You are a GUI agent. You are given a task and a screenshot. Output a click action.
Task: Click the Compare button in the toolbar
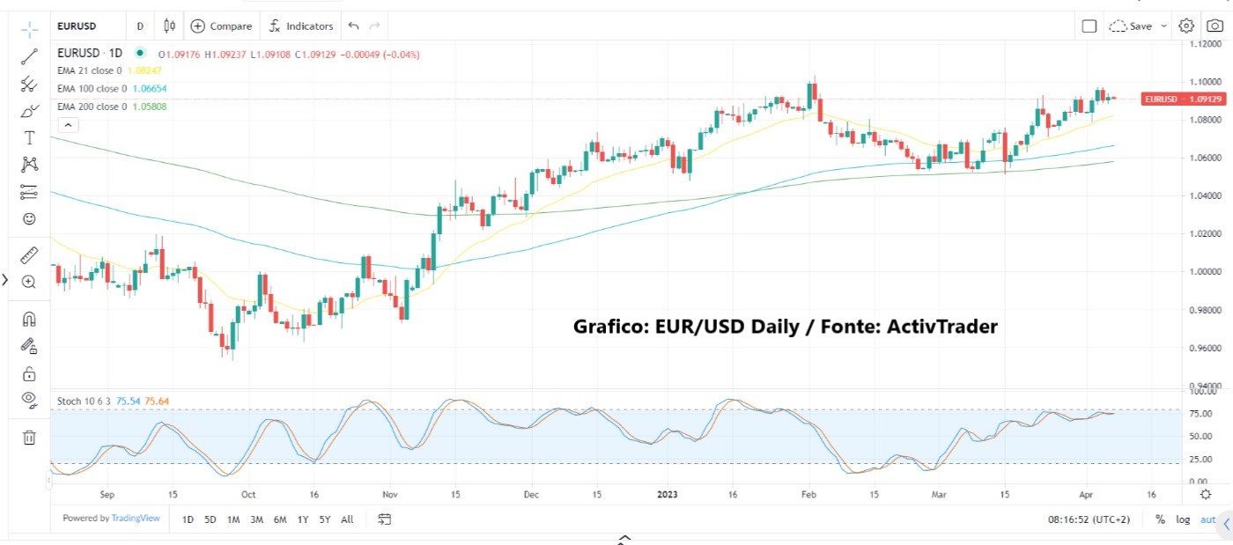221,26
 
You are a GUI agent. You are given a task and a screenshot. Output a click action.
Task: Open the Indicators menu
301,26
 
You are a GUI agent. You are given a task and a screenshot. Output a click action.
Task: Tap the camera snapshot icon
1215,26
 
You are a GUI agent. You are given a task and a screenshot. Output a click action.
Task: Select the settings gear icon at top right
1186,26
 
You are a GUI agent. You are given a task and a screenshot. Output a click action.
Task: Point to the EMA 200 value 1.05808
148,107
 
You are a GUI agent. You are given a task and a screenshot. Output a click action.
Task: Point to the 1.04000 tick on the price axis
1205,195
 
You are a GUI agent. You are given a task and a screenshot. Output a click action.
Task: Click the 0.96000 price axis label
1205,348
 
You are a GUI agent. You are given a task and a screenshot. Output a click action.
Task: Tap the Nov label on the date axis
390,495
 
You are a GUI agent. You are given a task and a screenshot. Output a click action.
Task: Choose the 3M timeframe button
256,519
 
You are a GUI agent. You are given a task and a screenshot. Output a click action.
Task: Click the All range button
347,519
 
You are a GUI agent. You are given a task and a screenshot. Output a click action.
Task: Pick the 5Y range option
325,519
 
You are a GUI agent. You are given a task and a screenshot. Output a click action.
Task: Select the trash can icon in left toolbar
29,437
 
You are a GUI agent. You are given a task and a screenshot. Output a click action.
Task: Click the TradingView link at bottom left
136,519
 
